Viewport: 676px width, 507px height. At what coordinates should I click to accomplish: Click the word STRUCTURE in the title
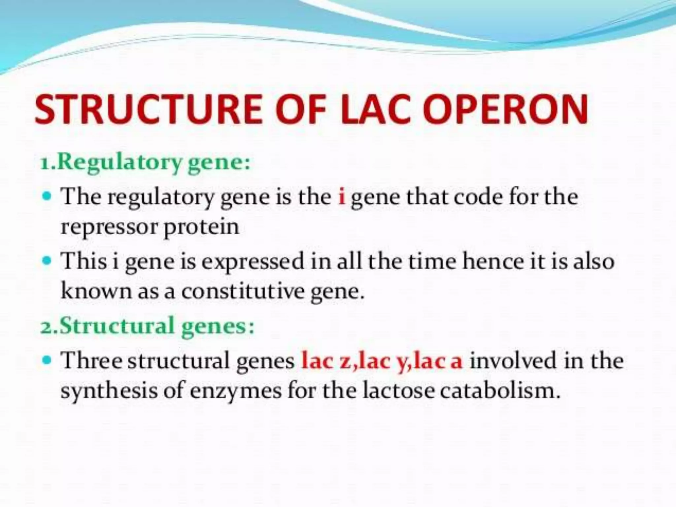click(149, 109)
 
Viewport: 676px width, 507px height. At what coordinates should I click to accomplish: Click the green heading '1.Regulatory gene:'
click(145, 162)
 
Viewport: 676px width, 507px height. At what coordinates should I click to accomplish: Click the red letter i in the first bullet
click(342, 196)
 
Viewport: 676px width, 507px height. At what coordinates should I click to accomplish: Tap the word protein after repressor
click(201, 227)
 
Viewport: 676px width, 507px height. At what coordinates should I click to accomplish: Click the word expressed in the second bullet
click(253, 262)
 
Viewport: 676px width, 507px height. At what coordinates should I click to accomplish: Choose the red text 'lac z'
click(327, 360)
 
